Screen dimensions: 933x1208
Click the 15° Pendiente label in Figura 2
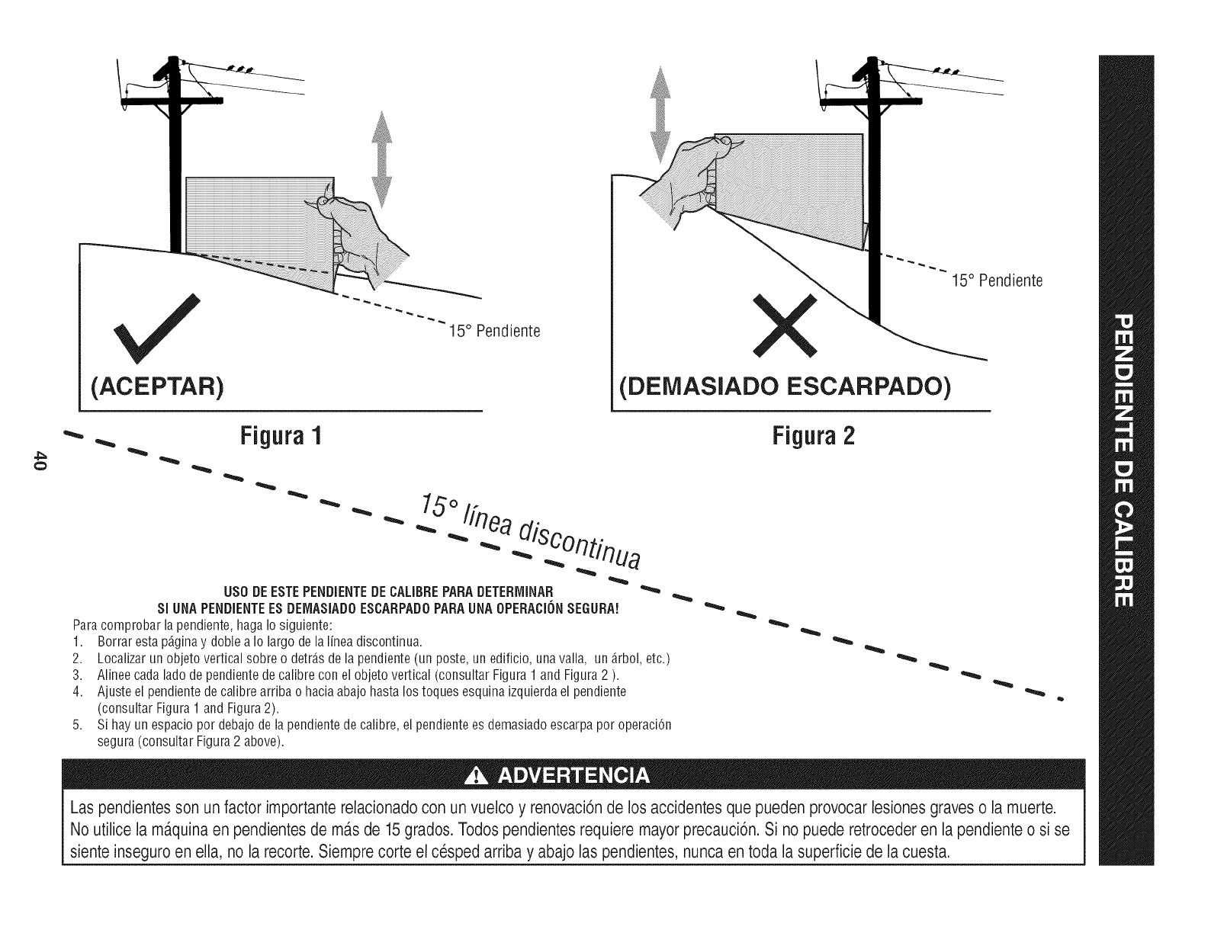(998, 281)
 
